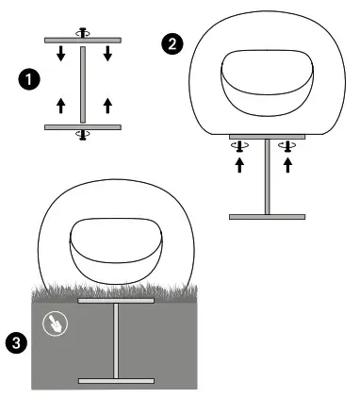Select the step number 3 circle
(15, 342)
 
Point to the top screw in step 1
(83, 31)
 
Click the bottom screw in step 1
(83, 136)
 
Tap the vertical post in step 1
(83, 83)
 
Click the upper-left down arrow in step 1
(61, 55)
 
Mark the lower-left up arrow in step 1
(61, 105)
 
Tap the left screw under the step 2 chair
(240, 145)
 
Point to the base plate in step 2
(267, 216)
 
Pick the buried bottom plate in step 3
(117, 380)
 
